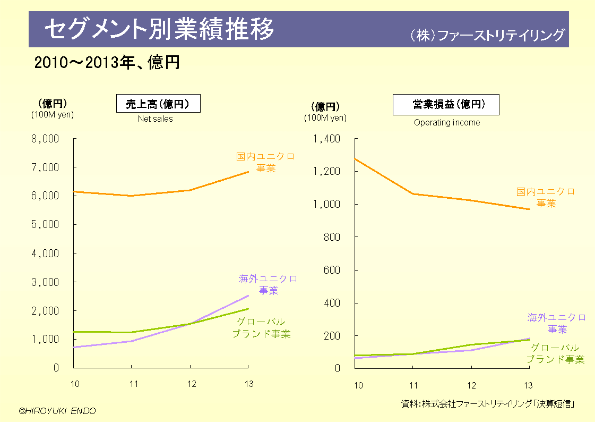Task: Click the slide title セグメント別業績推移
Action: tap(159, 29)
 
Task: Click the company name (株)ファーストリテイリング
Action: tap(487, 36)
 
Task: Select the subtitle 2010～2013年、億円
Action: tap(107, 63)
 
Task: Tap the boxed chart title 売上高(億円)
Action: tap(158, 104)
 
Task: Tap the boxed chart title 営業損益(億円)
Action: tap(446, 105)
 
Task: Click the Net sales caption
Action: tap(155, 119)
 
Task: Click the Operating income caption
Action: tap(446, 123)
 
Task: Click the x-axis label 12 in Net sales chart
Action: tap(190, 384)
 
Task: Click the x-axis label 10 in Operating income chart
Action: tap(358, 385)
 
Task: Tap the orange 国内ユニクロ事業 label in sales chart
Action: tap(265, 163)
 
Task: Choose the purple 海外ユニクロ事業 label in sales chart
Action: tap(268, 284)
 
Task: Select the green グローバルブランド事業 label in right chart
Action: tap(555, 353)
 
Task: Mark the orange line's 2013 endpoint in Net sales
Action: tap(248, 172)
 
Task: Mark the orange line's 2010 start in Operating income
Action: tap(355, 158)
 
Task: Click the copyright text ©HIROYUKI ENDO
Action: tap(57, 411)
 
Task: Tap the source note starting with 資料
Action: tap(488, 404)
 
